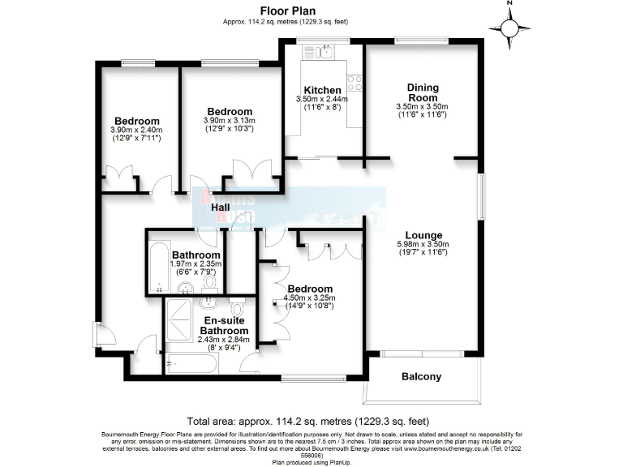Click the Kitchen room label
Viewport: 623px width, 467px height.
tap(322, 89)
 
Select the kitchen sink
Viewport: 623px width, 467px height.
tap(322, 53)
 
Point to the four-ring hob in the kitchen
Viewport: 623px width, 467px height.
tap(354, 82)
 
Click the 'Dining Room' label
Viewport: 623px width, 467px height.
tap(422, 92)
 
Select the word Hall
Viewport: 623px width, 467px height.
tap(221, 208)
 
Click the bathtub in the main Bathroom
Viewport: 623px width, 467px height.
tap(157, 268)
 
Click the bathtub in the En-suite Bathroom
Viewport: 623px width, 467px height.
tap(191, 363)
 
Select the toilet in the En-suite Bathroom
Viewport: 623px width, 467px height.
tap(238, 309)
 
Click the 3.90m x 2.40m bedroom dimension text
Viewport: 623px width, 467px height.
tap(136, 130)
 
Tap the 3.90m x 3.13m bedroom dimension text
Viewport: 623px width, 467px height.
tap(230, 121)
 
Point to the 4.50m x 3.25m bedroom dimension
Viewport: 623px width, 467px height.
tap(309, 298)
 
